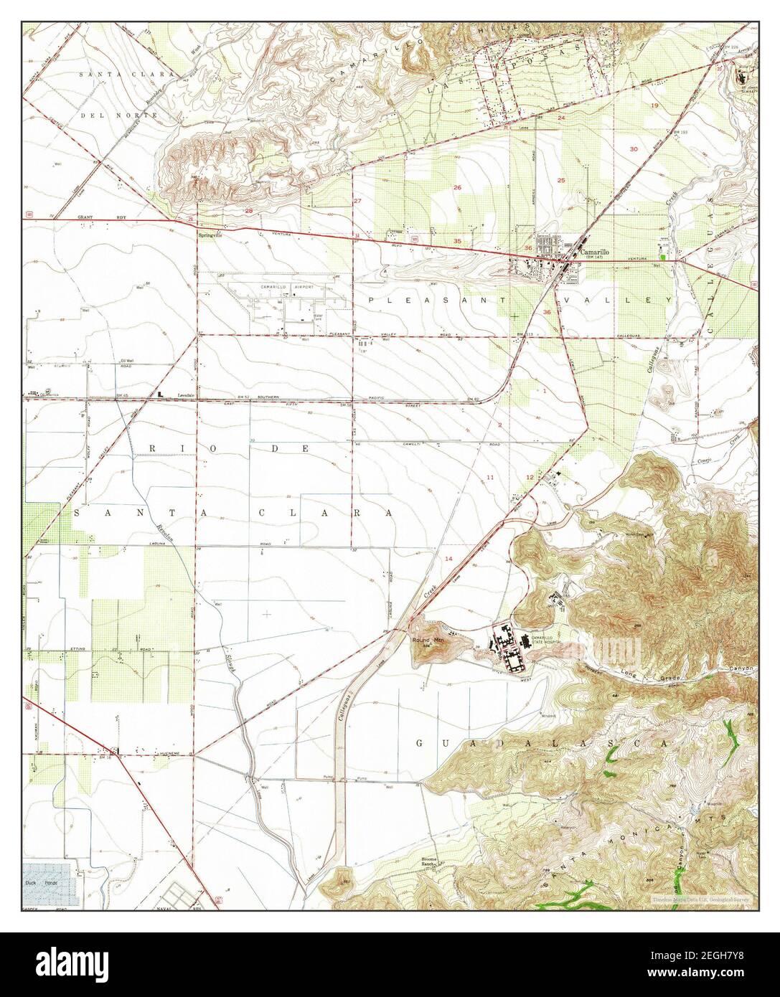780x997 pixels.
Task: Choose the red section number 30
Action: point(634,149)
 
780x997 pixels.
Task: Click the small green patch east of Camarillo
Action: point(664,252)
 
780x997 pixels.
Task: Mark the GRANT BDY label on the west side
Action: point(92,216)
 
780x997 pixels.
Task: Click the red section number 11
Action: point(491,477)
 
